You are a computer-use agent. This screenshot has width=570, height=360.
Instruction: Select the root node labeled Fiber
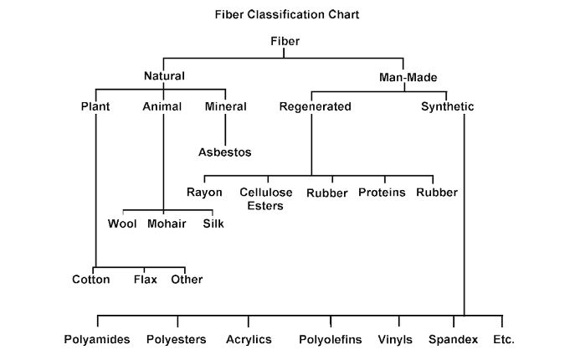[x=285, y=40]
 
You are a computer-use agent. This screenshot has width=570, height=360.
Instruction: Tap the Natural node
[x=164, y=76]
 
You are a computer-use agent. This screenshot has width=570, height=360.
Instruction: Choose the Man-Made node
[x=404, y=76]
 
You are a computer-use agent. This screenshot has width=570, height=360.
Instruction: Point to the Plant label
[x=96, y=106]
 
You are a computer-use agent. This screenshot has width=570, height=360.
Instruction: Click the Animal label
[x=162, y=106]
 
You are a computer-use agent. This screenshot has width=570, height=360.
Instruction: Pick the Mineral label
[x=226, y=106]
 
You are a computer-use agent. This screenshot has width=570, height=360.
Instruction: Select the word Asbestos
[x=224, y=152]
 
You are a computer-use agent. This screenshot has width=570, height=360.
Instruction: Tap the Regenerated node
[x=316, y=106]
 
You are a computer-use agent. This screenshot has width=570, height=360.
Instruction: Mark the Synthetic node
[x=447, y=106]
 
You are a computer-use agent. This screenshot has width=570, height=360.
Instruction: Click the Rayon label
[x=204, y=193]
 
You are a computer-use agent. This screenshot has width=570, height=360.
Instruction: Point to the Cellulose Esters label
[x=266, y=198]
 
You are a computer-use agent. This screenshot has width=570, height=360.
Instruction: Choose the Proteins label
[x=382, y=193]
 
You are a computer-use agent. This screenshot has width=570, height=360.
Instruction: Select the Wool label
[x=123, y=224]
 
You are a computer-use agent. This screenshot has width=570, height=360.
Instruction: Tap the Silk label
[x=213, y=224]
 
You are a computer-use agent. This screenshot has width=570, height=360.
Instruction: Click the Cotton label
[x=91, y=279]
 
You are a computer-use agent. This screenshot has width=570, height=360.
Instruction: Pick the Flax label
[x=146, y=279]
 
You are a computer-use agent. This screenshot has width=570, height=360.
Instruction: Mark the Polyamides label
[x=97, y=340]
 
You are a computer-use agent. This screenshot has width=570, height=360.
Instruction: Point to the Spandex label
[x=453, y=340]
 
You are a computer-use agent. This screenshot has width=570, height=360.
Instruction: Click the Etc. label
[x=504, y=340]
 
